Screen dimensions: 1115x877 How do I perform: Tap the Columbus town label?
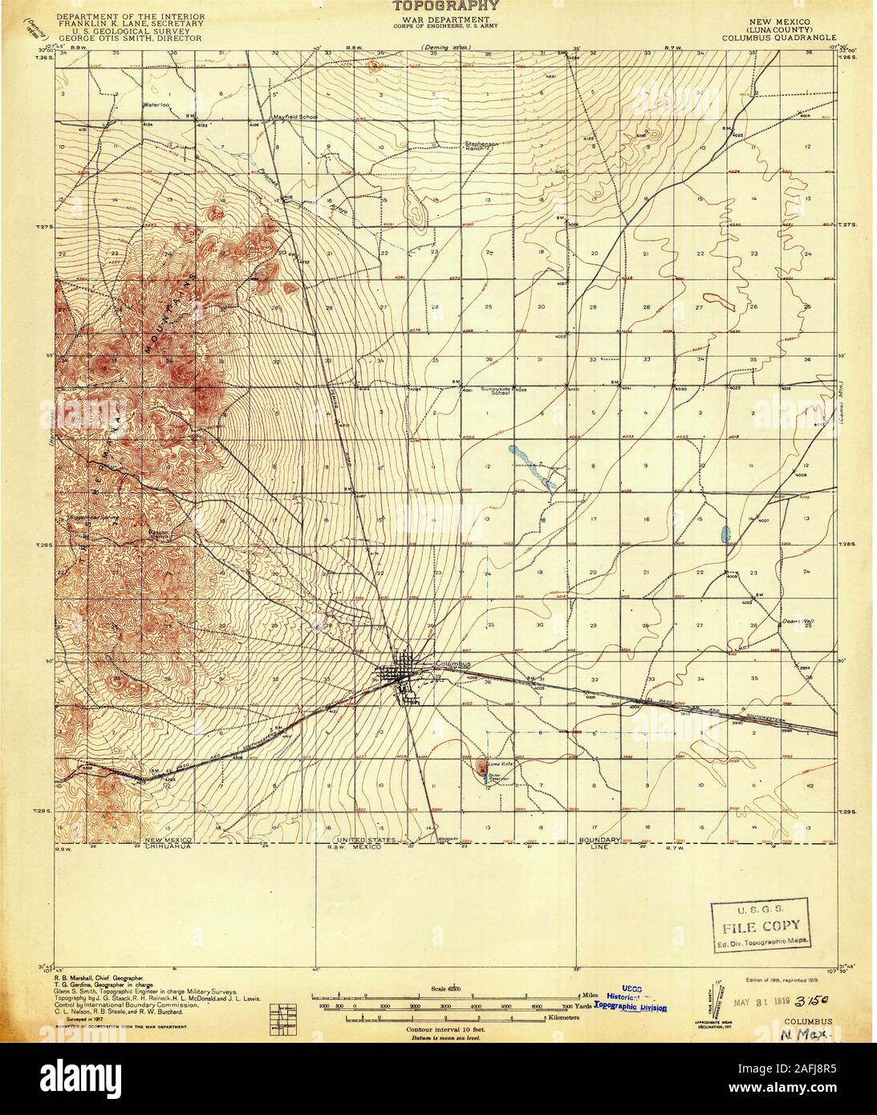450,663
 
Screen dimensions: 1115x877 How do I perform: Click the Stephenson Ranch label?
481,147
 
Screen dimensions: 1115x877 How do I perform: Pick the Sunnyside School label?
496,391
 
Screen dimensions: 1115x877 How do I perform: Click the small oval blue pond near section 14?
726,533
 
